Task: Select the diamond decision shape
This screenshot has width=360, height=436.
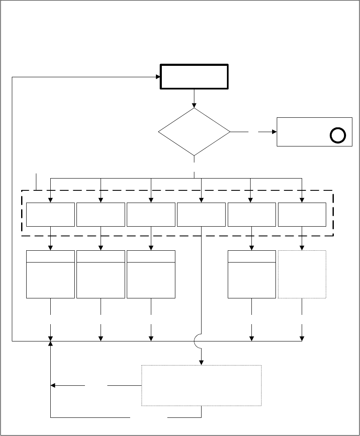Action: [x=194, y=132]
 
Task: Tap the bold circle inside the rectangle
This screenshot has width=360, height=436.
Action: [x=338, y=135]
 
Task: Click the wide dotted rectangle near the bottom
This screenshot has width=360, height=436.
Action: [x=201, y=385]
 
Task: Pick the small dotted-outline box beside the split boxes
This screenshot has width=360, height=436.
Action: [x=302, y=274]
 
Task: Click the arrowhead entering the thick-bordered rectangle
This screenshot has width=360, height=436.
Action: [x=157, y=77]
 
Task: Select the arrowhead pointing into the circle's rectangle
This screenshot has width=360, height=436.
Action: [x=274, y=132]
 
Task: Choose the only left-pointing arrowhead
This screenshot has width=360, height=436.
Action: [x=53, y=385]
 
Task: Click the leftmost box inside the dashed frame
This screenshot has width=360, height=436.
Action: [x=51, y=214]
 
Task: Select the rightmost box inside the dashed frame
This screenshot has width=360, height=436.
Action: [x=302, y=214]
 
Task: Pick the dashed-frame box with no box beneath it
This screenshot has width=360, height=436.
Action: [x=201, y=214]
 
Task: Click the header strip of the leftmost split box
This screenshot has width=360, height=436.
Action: [x=51, y=256]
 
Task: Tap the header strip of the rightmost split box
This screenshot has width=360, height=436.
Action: [x=252, y=256]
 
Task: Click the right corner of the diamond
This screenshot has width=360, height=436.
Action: [x=230, y=132]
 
